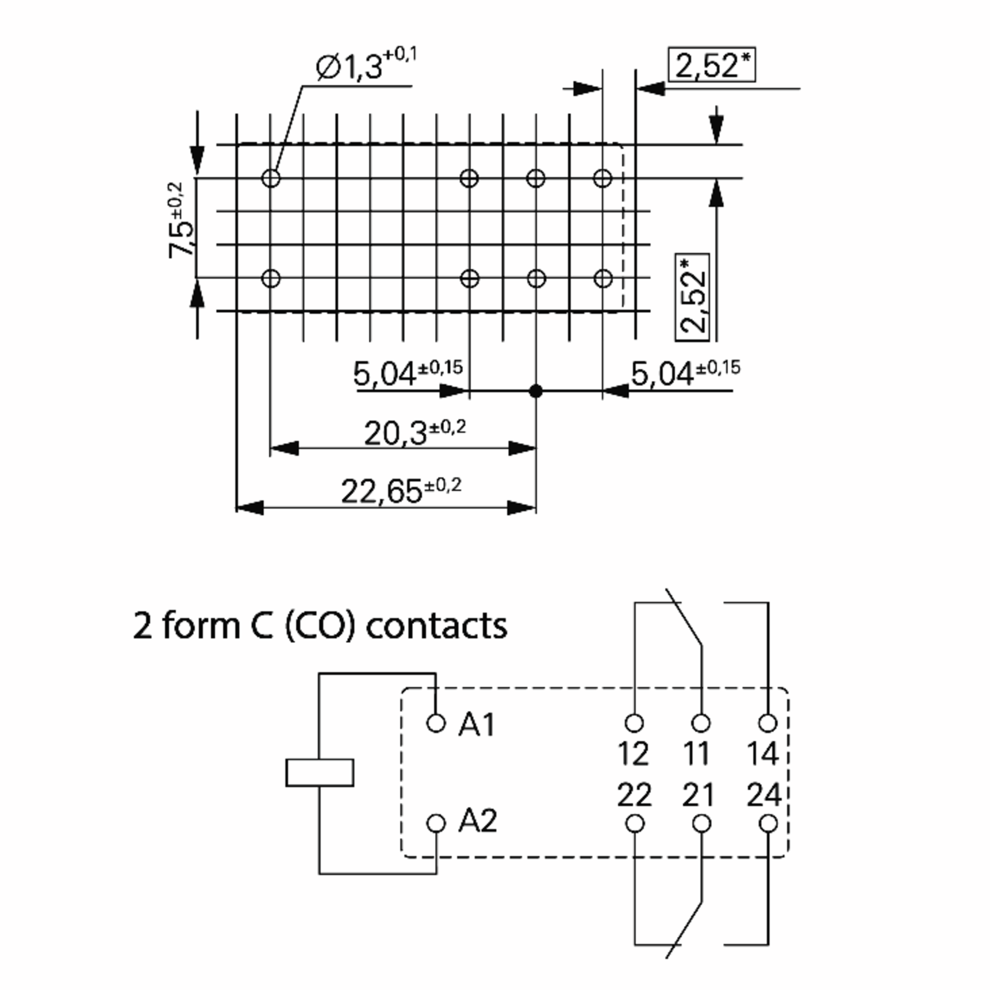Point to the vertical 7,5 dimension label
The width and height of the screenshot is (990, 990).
tap(182, 220)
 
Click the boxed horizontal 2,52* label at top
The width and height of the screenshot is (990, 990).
tap(712, 65)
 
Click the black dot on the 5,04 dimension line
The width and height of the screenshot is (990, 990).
tap(536, 391)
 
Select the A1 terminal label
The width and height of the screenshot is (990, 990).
tap(476, 725)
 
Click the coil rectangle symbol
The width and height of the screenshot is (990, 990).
tap(320, 773)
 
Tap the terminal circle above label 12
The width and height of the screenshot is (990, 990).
tap(634, 723)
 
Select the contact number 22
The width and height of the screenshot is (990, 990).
tap(634, 795)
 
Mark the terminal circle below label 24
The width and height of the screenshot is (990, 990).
tap(768, 824)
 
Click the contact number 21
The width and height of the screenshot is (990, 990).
tap(698, 795)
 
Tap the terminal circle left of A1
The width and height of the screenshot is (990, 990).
tap(436, 723)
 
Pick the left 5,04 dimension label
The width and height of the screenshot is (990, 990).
tap(408, 372)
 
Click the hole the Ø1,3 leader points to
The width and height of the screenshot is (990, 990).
tap(271, 178)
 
